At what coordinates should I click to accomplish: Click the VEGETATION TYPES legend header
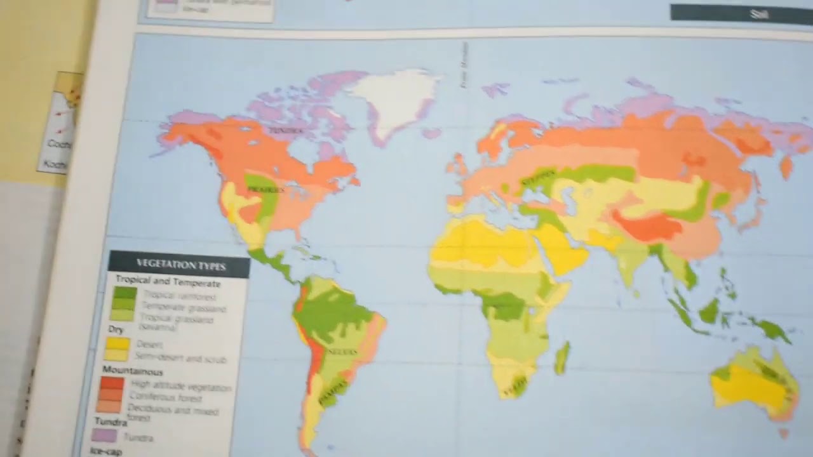181,265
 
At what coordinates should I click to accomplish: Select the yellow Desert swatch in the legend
118,344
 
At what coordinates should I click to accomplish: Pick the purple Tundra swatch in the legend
105,435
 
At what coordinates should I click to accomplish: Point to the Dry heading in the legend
116,330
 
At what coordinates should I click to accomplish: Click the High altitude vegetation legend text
180,385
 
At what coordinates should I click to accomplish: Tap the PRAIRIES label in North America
267,189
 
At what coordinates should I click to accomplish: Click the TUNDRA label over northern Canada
283,130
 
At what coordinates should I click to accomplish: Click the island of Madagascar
562,357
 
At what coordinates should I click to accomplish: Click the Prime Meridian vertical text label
464,64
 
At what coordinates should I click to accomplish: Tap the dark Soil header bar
741,13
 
